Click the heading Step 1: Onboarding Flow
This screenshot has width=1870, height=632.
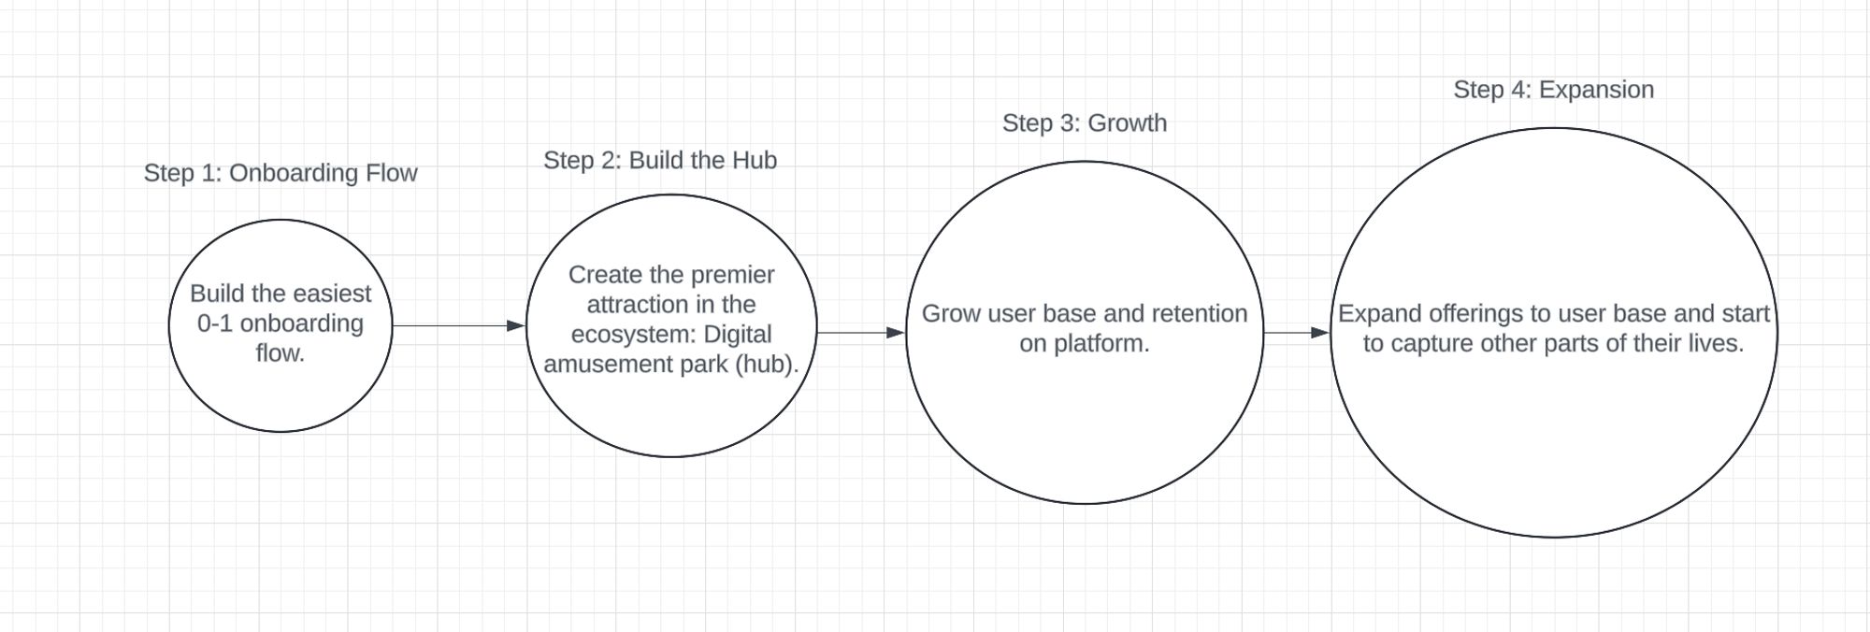[280, 173]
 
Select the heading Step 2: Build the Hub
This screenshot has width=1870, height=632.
[660, 160]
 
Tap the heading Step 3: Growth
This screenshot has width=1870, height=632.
[1085, 122]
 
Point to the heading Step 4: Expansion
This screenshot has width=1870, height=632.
[1553, 90]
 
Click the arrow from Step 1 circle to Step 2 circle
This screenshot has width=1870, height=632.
[458, 325]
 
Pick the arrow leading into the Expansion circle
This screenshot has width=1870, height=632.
[1296, 332]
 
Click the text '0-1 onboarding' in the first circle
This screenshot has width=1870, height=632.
[280, 323]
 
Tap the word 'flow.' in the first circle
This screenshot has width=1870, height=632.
[280, 353]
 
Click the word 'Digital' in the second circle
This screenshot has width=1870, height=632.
[738, 334]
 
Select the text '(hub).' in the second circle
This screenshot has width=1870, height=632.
[768, 364]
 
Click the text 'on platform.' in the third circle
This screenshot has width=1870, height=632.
[1085, 343]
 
